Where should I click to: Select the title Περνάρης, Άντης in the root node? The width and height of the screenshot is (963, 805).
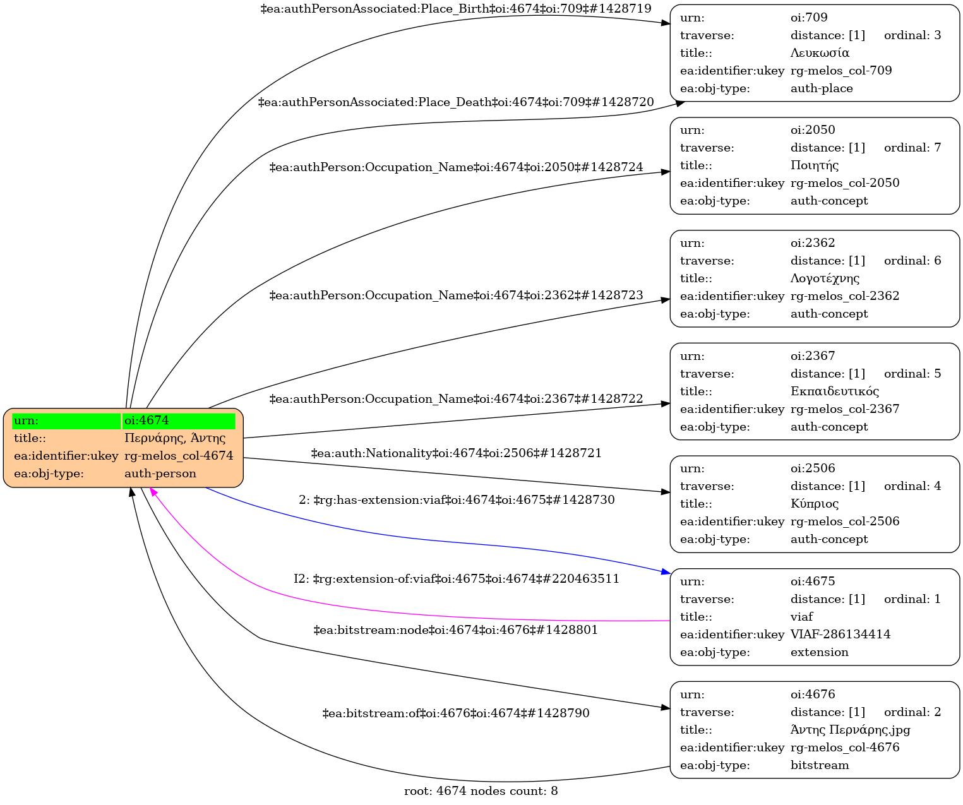[175, 438]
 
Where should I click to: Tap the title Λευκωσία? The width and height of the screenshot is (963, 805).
[820, 53]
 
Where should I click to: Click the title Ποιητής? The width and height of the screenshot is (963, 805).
[815, 165]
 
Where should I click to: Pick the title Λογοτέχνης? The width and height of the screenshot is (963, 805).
[825, 278]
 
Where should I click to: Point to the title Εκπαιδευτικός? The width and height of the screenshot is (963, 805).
[834, 391]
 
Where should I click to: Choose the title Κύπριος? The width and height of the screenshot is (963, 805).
[815, 504]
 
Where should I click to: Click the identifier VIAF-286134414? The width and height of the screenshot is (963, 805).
[840, 635]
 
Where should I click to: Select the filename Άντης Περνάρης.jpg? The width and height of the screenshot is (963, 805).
[850, 730]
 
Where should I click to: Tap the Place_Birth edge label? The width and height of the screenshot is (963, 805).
[456, 9]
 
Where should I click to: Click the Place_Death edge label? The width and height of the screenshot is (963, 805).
[456, 102]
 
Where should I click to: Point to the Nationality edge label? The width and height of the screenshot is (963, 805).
[456, 453]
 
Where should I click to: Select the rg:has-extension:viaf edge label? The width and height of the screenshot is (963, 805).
[456, 500]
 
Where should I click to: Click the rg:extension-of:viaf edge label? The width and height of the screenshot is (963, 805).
[456, 579]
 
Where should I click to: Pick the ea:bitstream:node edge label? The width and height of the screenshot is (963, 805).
[456, 630]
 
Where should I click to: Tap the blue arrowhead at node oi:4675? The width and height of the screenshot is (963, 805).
[666, 572]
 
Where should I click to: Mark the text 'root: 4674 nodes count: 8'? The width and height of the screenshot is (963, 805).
[481, 791]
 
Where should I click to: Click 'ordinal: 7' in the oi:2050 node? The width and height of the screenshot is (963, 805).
[912, 148]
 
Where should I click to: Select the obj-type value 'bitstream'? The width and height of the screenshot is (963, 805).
[820, 765]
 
